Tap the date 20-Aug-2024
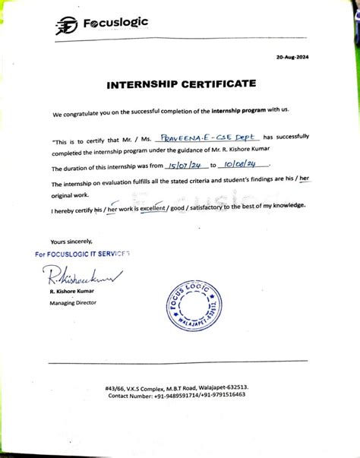[x=292, y=58]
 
